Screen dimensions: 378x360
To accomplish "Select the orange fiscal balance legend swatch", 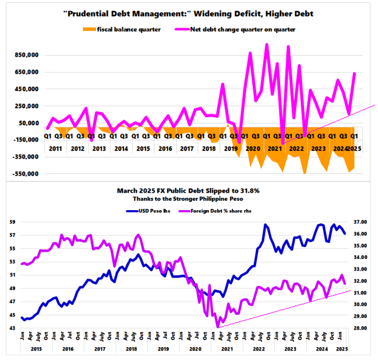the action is pos(89,29).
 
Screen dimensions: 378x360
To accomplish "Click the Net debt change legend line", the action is pos(182,29).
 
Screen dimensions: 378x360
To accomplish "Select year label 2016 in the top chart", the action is pos(165,149).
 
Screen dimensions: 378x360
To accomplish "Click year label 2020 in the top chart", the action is pos(253,149).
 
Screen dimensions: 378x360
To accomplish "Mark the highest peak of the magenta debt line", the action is pos(267,44).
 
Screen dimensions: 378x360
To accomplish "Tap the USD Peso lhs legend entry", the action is pos(148,211).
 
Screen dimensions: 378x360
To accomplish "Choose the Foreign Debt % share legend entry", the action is pos(215,211).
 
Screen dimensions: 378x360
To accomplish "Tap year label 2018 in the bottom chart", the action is pos(132,349).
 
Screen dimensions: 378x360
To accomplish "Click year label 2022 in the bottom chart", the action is pos(259,349).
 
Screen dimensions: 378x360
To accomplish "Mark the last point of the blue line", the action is pos(345,234).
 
